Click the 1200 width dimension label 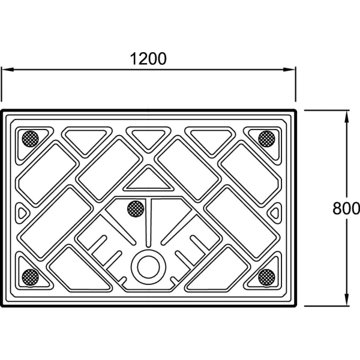click(x=148, y=59)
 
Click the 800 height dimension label click(x=346, y=208)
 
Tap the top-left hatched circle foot click(x=31, y=139)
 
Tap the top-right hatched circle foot click(x=266, y=139)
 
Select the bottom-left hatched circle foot click(x=31, y=278)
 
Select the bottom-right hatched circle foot click(x=266, y=278)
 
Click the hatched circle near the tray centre click(x=136, y=209)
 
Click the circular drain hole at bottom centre click(x=149, y=267)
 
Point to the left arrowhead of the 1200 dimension click(x=7, y=70)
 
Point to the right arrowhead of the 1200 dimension click(x=289, y=70)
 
